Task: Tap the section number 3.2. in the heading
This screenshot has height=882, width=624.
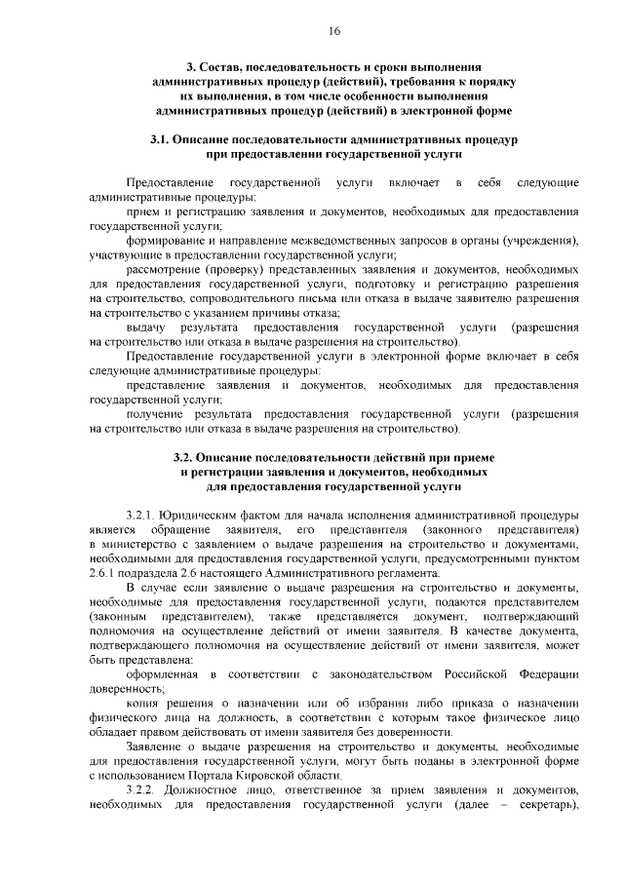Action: [187, 456]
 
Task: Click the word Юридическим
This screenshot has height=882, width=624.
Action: [200, 514]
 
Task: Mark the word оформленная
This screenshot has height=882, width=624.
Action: [163, 674]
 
